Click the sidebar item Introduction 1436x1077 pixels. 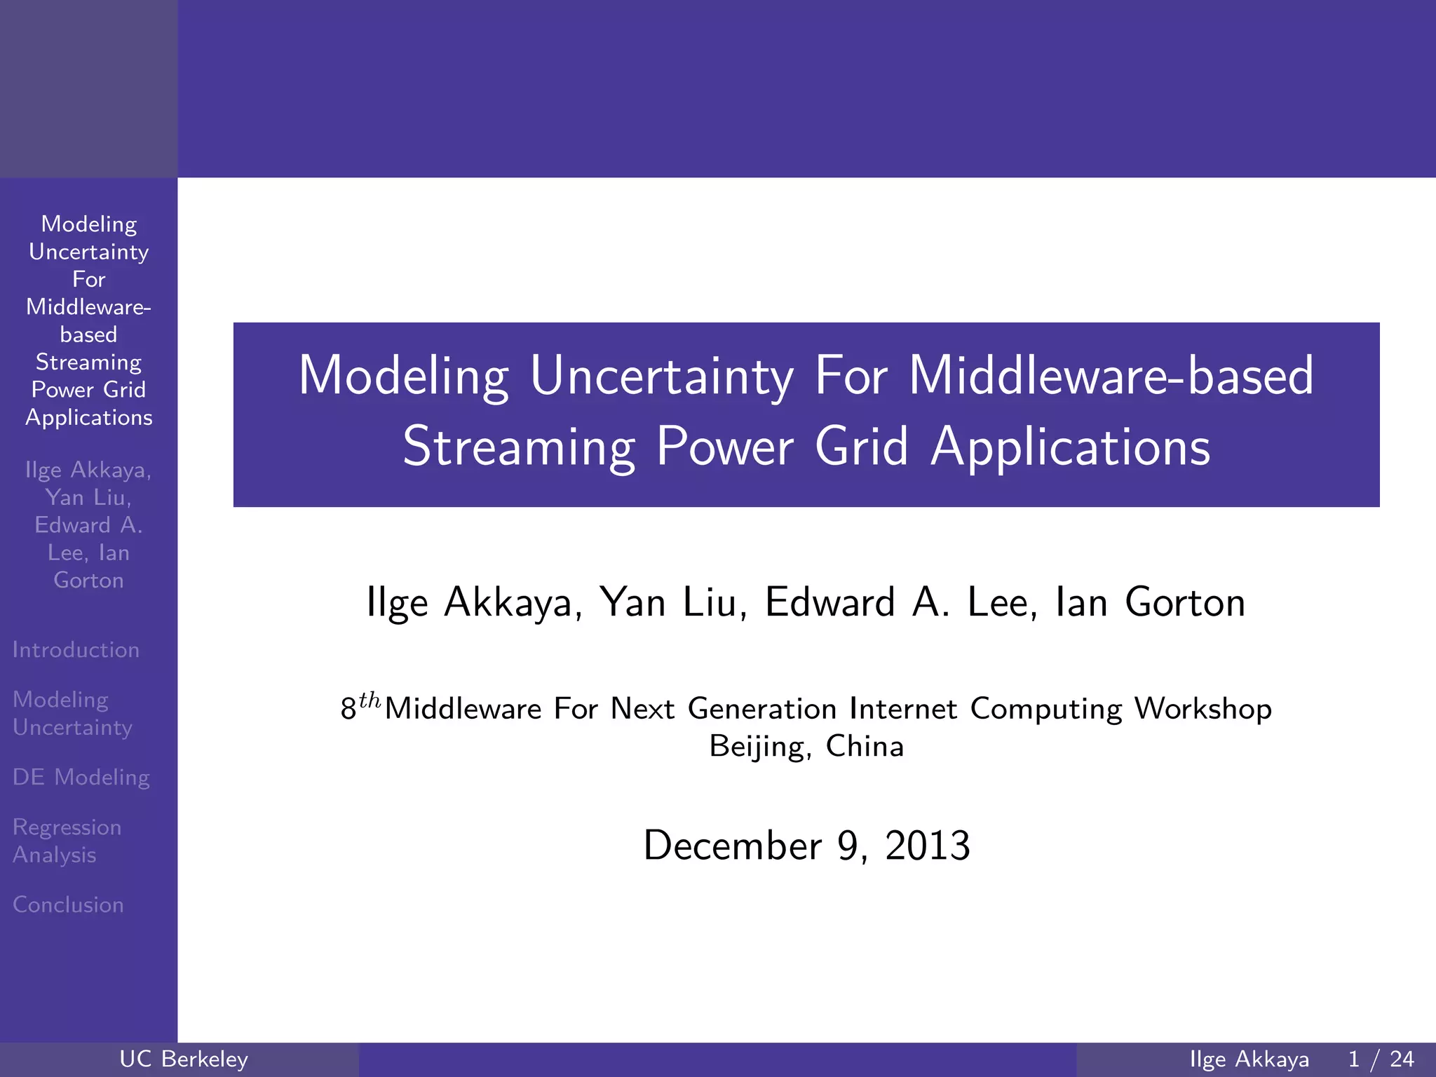[76, 650]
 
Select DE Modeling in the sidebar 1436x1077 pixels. [81, 777]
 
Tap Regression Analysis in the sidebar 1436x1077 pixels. [67, 841]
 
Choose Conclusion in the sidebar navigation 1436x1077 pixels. [68, 905]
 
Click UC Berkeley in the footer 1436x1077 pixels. [184, 1059]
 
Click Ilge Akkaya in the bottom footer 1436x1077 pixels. [1249, 1059]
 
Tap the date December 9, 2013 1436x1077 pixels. [806, 846]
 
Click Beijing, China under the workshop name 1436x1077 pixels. [806, 746]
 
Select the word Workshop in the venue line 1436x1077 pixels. [1203, 709]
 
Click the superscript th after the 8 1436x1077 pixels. [370, 700]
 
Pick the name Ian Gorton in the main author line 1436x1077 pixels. [1150, 602]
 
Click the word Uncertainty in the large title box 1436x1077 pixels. [661, 377]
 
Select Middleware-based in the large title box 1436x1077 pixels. [1111, 377]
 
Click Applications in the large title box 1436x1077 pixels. [1070, 447]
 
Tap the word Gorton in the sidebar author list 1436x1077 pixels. [88, 581]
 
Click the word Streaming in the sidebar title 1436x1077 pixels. [88, 362]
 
